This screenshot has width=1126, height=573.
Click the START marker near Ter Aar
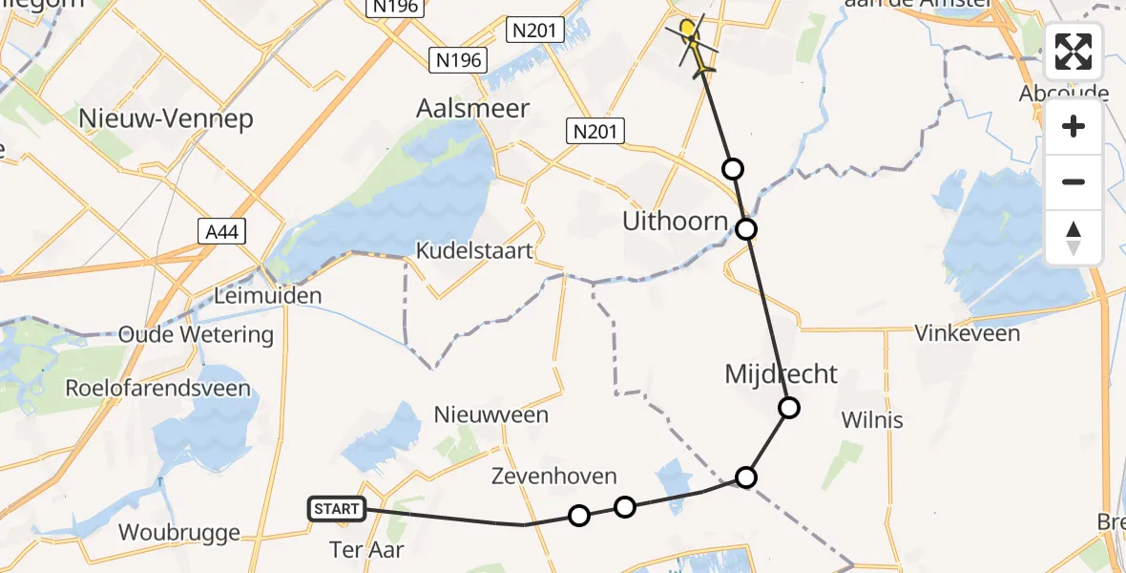coord(337,509)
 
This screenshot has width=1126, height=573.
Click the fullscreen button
coord(1074,52)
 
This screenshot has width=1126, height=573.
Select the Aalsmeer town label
coord(473,108)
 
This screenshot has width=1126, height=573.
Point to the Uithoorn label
coord(676,223)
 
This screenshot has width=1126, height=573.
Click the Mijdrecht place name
coord(781,374)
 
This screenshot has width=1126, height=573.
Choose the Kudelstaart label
coord(474,250)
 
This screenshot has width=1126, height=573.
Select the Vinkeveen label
coord(967,333)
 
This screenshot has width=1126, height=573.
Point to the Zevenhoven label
coord(554,476)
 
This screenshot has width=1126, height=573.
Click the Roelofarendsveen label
coord(157,388)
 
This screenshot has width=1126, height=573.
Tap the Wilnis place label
coord(872,419)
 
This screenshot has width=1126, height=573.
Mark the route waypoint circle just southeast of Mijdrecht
coord(789,409)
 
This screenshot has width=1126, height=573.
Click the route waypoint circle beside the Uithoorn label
coord(746,229)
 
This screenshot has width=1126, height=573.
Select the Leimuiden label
coord(267,296)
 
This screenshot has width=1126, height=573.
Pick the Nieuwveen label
coord(491,414)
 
